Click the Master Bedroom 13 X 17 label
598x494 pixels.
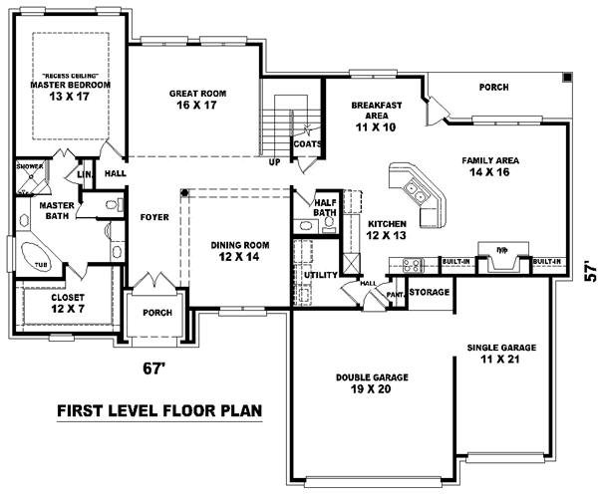pyautogui.click(x=69, y=88)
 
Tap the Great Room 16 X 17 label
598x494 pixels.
pyautogui.click(x=197, y=99)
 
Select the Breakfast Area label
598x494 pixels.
pyautogui.click(x=376, y=116)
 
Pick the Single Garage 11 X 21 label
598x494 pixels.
pyautogui.click(x=501, y=354)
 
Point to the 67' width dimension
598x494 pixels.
pyautogui.click(x=152, y=369)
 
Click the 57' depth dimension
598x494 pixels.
pyautogui.click(x=587, y=271)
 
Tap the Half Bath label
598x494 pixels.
pyautogui.click(x=323, y=205)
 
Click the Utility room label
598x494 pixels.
pyautogui.click(x=321, y=274)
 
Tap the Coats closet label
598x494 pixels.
pyautogui.click(x=306, y=143)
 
